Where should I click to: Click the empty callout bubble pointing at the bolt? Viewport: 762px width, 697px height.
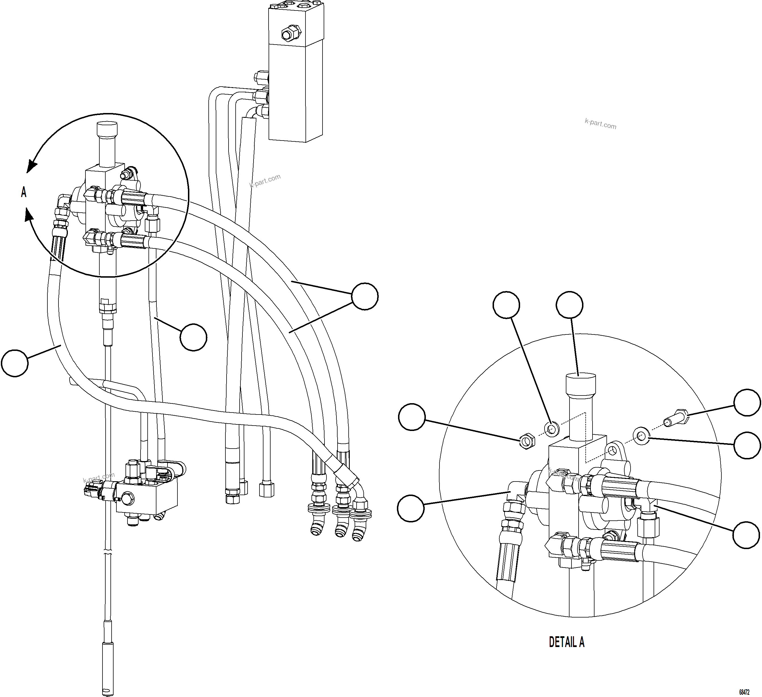(x=747, y=403)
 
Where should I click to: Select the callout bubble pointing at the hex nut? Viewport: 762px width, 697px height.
(x=412, y=416)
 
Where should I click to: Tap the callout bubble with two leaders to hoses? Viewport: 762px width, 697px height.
(x=365, y=296)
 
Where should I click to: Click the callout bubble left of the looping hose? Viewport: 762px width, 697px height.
(x=15, y=363)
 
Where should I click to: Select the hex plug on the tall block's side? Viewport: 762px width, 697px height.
(x=291, y=33)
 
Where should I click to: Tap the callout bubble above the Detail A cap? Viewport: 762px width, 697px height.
(x=570, y=305)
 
